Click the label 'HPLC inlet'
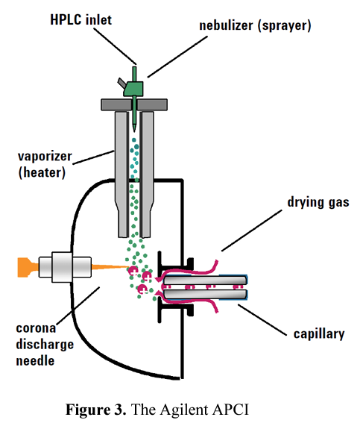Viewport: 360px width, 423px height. coord(80,19)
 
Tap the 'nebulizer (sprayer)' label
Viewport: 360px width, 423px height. coord(255,26)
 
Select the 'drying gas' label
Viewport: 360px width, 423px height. coord(318,202)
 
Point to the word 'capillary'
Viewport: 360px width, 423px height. coord(319,334)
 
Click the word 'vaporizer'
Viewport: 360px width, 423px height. coord(45,157)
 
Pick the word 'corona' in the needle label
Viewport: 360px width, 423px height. coord(36,328)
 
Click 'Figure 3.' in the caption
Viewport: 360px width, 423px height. coord(96,410)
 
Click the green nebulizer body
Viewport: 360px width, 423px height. coord(133,89)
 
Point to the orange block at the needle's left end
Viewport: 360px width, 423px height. coord(28,267)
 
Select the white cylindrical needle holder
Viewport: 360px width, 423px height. coord(65,267)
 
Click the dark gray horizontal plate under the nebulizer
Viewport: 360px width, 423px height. coord(134,104)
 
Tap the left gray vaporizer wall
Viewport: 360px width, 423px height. coord(121,174)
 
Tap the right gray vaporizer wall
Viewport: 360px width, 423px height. coord(148,174)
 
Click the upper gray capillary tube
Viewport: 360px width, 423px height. coord(205,281)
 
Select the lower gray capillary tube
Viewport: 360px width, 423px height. coord(205,294)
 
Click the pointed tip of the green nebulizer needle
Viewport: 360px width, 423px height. coord(134,131)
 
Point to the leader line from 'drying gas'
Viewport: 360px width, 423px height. coord(252,231)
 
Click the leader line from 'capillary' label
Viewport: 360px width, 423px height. coord(262,320)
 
